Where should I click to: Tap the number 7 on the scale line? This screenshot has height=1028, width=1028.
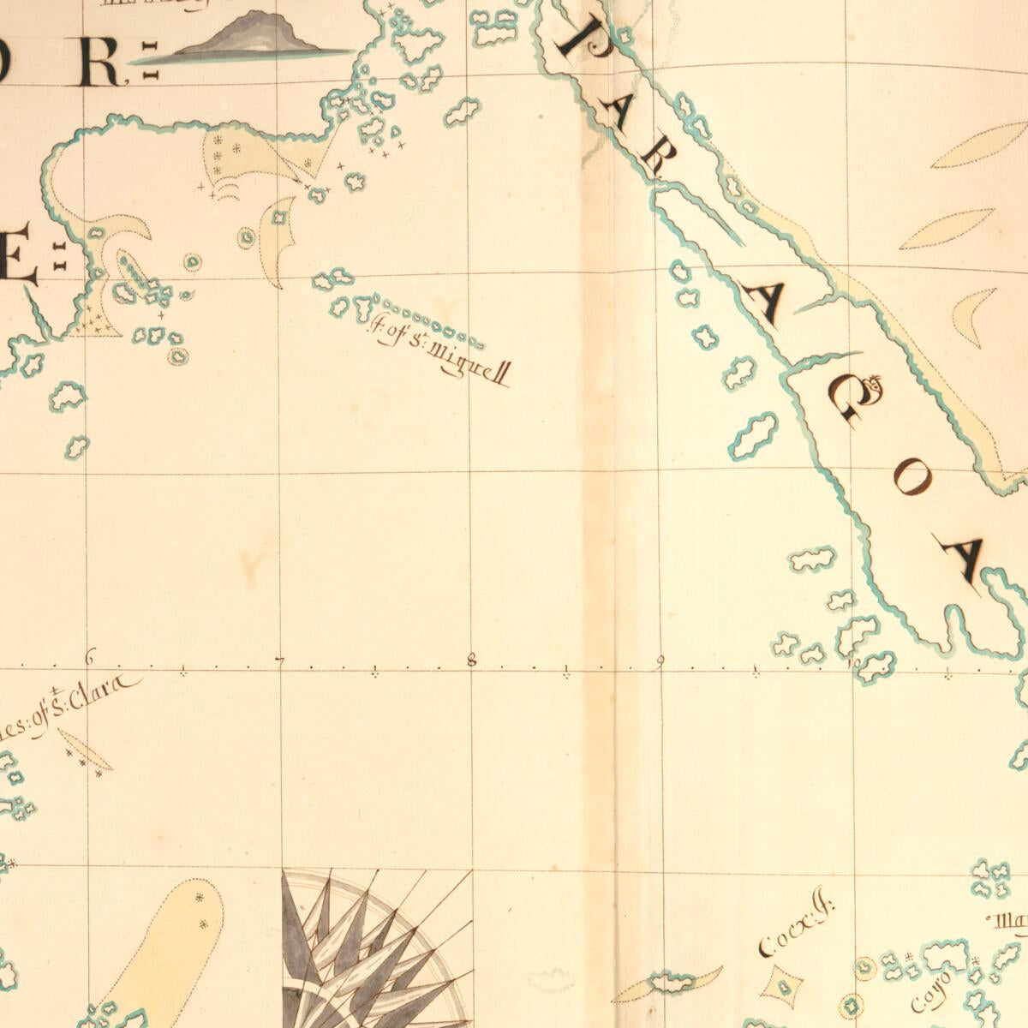279,659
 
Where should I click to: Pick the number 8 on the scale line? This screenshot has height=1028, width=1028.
470,659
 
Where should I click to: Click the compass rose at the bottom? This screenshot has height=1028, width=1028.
377,951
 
